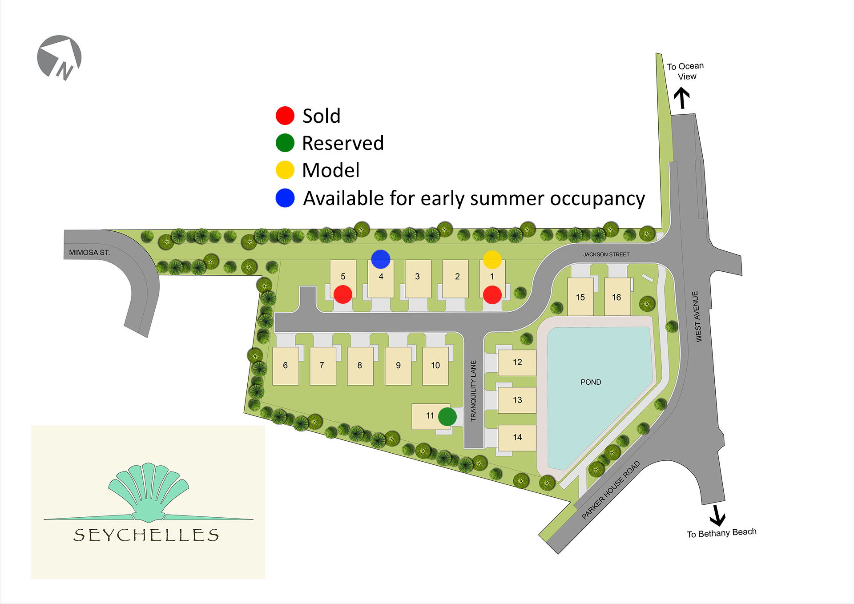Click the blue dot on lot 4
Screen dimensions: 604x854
381,259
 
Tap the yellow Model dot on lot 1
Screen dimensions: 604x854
492,259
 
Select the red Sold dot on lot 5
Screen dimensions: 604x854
343,294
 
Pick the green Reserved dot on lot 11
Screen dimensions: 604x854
447,417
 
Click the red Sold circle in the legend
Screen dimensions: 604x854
285,116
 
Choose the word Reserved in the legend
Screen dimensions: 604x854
342,143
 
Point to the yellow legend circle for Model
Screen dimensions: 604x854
285,170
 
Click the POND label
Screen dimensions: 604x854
591,382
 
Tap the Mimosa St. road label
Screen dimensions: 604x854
89,253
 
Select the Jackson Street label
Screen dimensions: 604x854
606,254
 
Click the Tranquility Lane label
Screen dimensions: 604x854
473,391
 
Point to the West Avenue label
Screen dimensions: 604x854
697,316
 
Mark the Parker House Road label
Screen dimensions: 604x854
611,490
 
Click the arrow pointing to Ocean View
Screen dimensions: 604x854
681,98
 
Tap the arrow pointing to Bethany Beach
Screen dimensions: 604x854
717,515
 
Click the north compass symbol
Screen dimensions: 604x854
59,57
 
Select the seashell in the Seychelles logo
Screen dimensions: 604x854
148,492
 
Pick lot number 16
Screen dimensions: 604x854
616,297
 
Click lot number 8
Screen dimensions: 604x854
359,366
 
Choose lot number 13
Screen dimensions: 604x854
517,400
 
